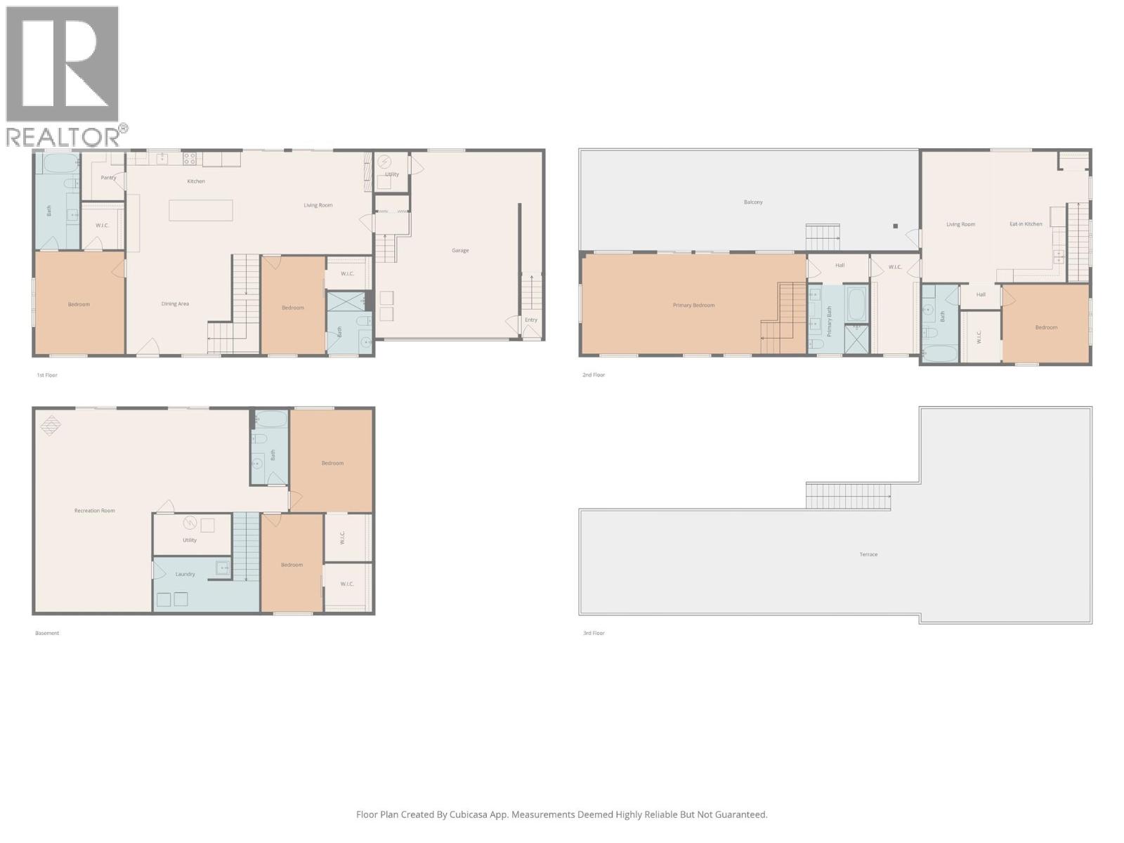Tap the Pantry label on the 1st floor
coord(108,178)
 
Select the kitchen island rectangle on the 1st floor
coord(201,210)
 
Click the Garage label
coord(460,251)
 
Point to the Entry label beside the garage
coord(531,320)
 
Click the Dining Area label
coord(175,304)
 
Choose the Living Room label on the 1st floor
coord(318,206)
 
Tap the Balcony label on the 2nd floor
coord(753,202)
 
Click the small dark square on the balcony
coord(895,226)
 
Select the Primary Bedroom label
coord(693,306)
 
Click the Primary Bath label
coord(830,320)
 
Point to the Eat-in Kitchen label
coord(1026,224)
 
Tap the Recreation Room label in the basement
coord(95,511)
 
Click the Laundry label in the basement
coord(185,575)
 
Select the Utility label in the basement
coord(190,540)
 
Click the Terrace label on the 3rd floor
coord(868,554)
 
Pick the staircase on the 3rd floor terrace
coord(848,496)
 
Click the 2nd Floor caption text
coord(594,375)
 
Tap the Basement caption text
coord(47,633)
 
